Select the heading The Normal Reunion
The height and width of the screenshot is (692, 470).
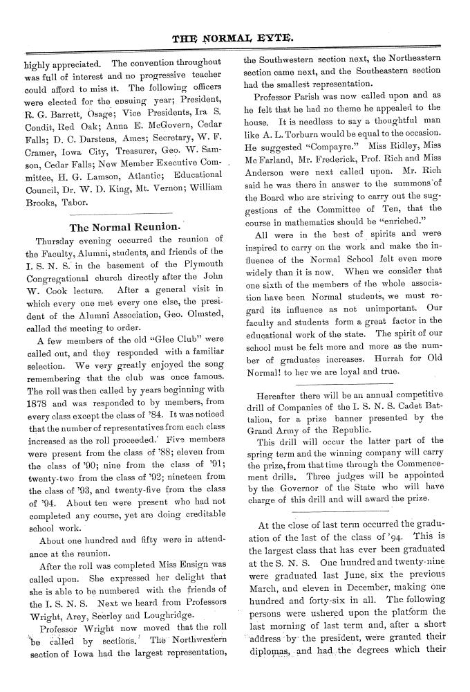click(x=126, y=226)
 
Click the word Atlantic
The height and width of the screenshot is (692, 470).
click(x=149, y=165)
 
